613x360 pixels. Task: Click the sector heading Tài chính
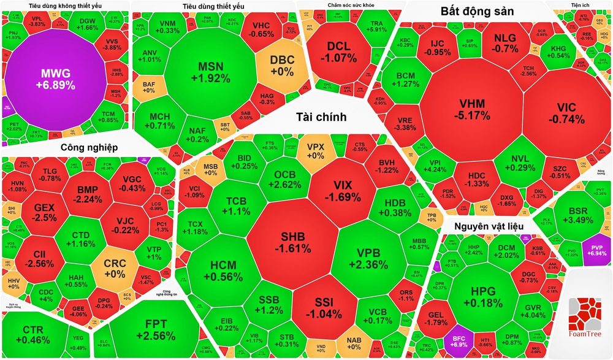(x=321, y=117)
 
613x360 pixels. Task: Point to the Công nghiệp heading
(x=89, y=148)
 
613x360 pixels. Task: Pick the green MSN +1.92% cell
(x=210, y=72)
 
